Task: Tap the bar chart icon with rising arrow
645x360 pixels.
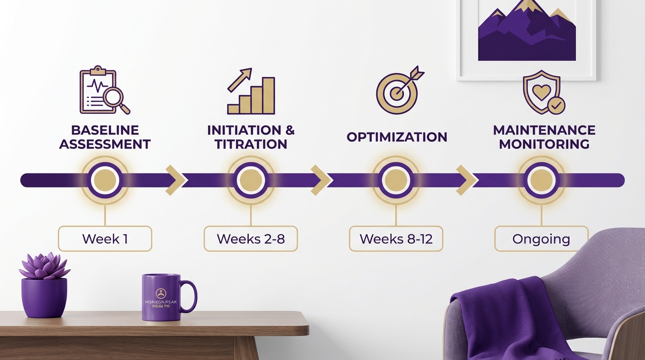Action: [x=251, y=92]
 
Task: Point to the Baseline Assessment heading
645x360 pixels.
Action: [x=105, y=137]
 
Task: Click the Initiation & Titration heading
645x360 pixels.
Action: [x=251, y=137]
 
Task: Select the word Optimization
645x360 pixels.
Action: [x=397, y=137]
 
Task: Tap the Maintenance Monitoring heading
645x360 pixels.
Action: [x=544, y=137]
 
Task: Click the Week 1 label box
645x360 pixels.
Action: [x=105, y=239]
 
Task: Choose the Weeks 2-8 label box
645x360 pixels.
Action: [x=251, y=239]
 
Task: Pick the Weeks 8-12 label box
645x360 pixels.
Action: [x=396, y=239]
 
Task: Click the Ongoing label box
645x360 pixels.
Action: [x=541, y=239]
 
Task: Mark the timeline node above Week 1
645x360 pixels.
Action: [x=105, y=180]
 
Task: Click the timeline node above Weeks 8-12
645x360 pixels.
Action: [x=396, y=180]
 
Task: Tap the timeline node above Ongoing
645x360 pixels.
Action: [x=541, y=180]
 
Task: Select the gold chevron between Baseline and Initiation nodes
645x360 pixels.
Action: [x=174, y=180]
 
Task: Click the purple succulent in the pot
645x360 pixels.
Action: [x=44, y=266]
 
